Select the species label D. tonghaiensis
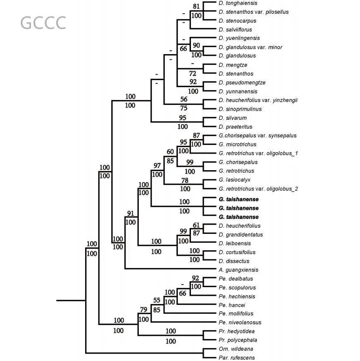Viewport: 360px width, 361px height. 238,3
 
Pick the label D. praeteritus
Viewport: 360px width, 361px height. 235,127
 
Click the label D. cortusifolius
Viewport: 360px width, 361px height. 237,252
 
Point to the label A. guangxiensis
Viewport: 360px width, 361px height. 238,270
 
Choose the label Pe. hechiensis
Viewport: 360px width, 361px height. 237,296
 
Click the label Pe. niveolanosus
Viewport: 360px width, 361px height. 240,322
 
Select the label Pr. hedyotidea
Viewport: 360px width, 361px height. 236,331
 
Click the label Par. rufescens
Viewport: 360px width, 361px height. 237,358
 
